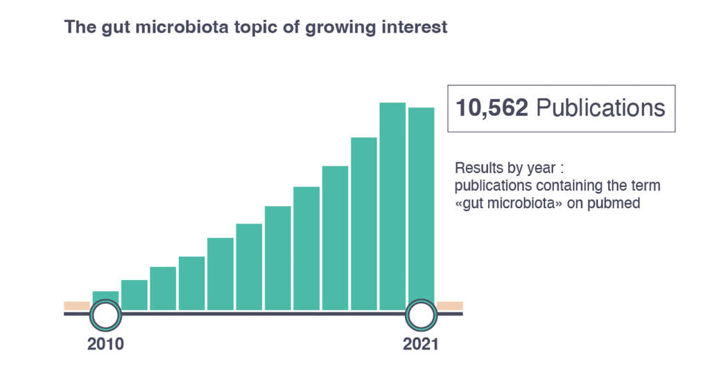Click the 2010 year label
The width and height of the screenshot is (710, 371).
tap(105, 344)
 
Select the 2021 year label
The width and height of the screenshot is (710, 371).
tap(421, 344)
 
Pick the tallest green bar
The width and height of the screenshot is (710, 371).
tap(392, 206)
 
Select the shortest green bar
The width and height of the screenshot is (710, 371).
tap(105, 295)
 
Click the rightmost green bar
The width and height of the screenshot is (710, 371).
tap(421, 204)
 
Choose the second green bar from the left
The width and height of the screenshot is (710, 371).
tap(135, 295)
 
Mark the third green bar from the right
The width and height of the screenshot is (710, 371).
tap(363, 223)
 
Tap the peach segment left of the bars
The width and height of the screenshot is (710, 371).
tap(77, 306)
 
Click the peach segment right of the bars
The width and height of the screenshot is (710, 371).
tap(449, 306)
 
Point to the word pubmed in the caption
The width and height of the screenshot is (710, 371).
tap(614, 204)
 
